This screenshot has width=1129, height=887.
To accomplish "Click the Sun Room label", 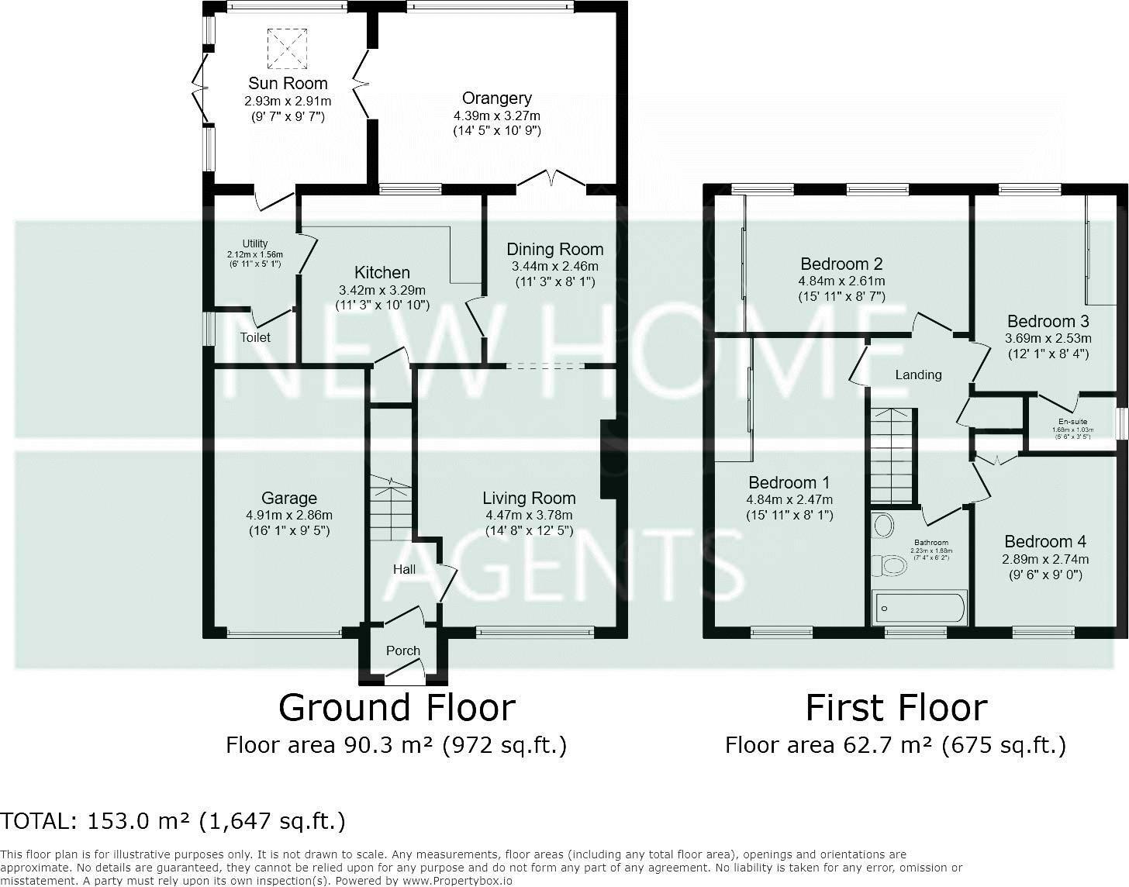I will (x=288, y=83).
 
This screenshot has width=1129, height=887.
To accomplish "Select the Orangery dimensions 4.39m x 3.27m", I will (x=496, y=116).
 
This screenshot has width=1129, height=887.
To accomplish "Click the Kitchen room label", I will (x=382, y=272).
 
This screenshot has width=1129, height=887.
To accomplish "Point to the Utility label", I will (x=255, y=243).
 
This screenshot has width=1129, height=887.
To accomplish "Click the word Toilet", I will (x=255, y=337).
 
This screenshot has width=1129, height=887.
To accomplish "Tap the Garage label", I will (x=288, y=498).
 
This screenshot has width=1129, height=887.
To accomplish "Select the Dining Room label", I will (x=554, y=249).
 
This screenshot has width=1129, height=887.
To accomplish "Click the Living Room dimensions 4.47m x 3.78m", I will (x=529, y=515).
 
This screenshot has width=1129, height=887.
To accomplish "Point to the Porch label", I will (x=402, y=651).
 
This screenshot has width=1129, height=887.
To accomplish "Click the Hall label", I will (x=404, y=569).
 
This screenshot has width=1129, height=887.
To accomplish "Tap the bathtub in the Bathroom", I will (x=919, y=608).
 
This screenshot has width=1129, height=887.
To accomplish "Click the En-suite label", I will (x=1073, y=421).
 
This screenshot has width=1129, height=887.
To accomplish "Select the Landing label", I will (x=918, y=374).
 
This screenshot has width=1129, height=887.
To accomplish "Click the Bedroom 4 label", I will (x=1044, y=541).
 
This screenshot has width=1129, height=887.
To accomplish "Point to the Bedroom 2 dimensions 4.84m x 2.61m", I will (x=841, y=281).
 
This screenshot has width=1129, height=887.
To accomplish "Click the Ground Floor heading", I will (x=396, y=707).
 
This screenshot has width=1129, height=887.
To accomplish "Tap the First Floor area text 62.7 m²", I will (x=895, y=745).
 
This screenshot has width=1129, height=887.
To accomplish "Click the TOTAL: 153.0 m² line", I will (x=173, y=820).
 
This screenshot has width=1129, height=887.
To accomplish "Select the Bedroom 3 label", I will (x=1048, y=321).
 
